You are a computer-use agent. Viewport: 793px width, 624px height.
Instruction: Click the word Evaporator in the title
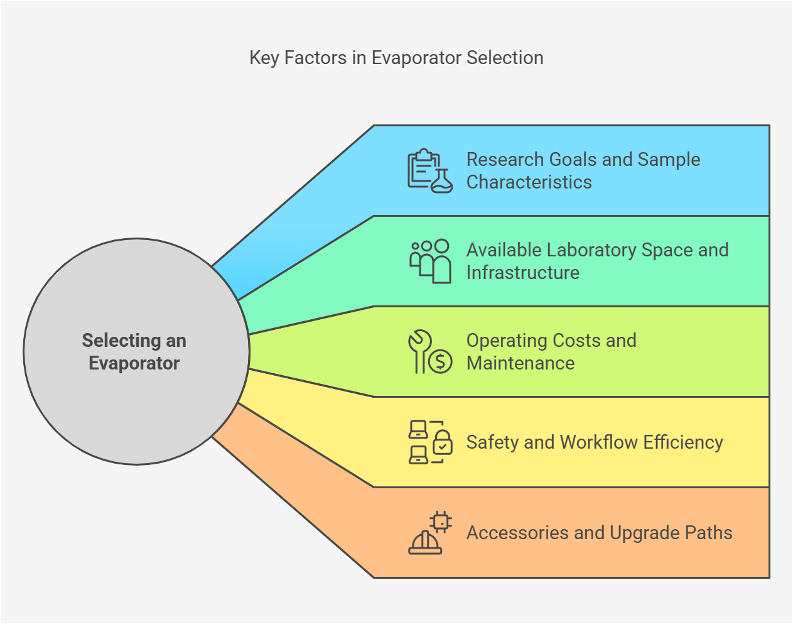point(416,58)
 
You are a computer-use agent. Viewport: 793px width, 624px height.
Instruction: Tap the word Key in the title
point(264,58)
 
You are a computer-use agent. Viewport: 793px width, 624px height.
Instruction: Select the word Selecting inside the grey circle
point(122,341)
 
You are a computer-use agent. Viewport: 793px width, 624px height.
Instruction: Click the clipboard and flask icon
point(430,171)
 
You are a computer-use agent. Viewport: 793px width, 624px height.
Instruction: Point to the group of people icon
point(430,261)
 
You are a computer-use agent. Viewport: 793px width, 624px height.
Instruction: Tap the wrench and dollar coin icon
point(430,351)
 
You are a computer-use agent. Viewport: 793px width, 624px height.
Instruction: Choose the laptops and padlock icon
point(430,442)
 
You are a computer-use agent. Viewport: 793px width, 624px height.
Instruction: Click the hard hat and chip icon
point(430,532)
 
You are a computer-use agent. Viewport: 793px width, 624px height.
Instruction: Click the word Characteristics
point(529,182)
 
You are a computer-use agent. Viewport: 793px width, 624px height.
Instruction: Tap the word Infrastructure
point(523,273)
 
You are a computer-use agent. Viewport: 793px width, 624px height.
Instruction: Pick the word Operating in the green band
point(506,341)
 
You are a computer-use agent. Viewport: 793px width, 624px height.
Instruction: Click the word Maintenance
point(521,363)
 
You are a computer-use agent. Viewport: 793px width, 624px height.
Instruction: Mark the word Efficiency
point(683,442)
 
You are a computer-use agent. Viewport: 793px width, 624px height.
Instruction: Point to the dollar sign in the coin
point(440,361)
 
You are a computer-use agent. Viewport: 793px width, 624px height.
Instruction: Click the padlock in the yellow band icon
point(443,442)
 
